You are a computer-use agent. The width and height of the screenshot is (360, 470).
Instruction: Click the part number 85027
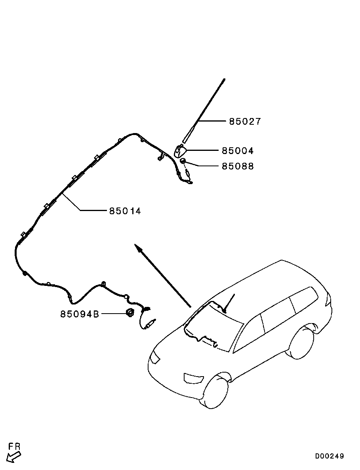coord(245,122)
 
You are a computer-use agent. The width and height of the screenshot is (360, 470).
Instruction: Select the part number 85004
coord(237,151)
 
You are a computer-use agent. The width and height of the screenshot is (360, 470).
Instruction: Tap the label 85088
coord(237,166)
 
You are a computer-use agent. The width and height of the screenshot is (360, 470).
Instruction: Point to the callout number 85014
coord(125,211)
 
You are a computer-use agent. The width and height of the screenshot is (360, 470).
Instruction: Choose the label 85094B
coord(79,314)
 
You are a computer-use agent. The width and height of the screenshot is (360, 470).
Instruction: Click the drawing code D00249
coord(330,456)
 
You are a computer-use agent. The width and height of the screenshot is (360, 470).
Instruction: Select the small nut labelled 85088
coord(183,161)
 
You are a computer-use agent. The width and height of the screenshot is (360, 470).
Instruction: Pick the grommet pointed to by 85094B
coord(130,313)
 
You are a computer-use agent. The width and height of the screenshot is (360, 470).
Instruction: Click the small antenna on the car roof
coord(229,303)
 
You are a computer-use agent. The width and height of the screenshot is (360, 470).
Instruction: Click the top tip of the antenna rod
coord(224,80)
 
